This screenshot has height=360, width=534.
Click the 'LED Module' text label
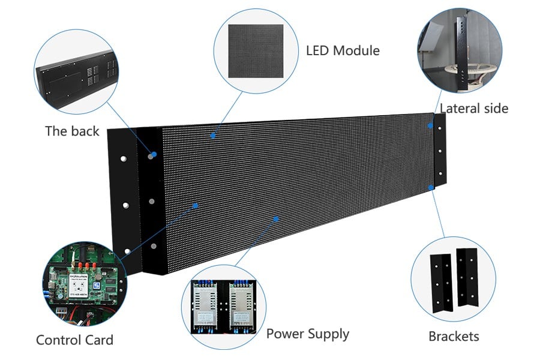point(343,51)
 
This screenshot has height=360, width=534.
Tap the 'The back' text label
point(72,131)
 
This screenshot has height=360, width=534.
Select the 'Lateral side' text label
point(474,109)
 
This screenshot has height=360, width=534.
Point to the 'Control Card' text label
point(74,340)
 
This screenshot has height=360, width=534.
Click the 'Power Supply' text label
point(307,334)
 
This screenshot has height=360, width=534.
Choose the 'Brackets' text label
point(454,336)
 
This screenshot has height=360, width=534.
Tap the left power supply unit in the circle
point(207,305)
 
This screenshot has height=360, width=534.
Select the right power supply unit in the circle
point(244,305)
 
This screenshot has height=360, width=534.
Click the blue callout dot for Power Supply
point(276,218)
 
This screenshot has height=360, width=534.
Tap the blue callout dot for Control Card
point(196,205)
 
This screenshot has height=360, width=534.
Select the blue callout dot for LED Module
point(212,136)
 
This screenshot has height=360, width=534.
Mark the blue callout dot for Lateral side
point(430,125)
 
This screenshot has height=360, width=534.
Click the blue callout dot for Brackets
point(431,188)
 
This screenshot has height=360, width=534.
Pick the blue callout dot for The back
point(154,155)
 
